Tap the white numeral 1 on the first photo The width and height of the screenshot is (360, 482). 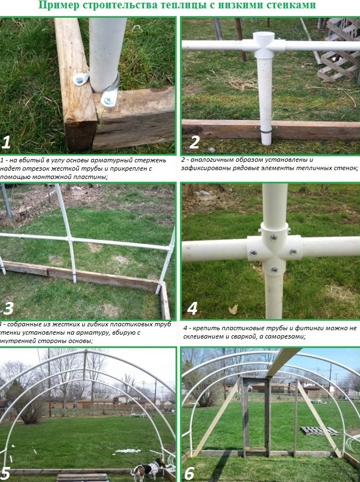click(x=6, y=142)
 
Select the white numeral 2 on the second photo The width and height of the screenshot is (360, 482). click(x=194, y=142)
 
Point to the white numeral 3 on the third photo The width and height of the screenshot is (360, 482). click(x=8, y=308)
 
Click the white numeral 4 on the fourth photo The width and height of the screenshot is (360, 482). click(x=192, y=308)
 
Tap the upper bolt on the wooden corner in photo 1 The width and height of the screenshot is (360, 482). click(x=79, y=79)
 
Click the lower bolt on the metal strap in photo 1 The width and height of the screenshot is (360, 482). click(x=108, y=100)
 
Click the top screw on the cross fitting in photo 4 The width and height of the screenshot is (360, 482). click(x=273, y=237)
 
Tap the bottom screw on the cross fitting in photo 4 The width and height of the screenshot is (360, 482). click(x=274, y=270)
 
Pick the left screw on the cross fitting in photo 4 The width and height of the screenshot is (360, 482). click(x=254, y=253)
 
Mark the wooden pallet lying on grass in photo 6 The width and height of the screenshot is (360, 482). click(x=319, y=431)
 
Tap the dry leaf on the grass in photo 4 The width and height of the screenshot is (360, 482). click(x=233, y=309)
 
